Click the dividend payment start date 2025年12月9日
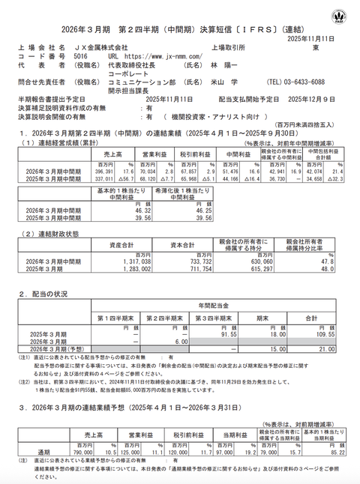pyautogui.click(x=313, y=98)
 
